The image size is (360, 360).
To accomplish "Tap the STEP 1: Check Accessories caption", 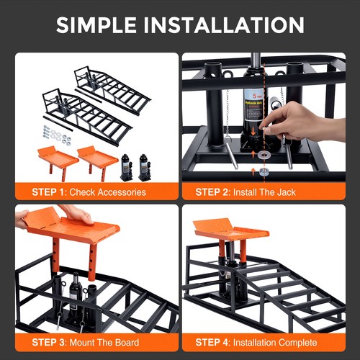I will pyautogui.click(x=89, y=192).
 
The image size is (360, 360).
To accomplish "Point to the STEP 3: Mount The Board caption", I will pyautogui.click(x=86, y=342).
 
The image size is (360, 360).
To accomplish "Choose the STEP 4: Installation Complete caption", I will pyautogui.click(x=259, y=342).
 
